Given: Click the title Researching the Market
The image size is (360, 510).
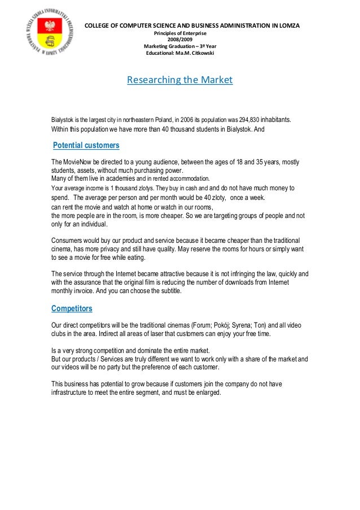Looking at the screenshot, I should (179, 80).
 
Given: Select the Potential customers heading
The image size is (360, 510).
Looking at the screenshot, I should (86, 146).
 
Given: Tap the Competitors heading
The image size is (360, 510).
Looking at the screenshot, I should (72, 308).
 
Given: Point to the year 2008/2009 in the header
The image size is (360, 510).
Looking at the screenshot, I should (179, 40).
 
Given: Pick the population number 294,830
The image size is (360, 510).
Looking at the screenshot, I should (243, 120).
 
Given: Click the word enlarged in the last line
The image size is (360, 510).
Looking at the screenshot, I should (208, 394).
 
